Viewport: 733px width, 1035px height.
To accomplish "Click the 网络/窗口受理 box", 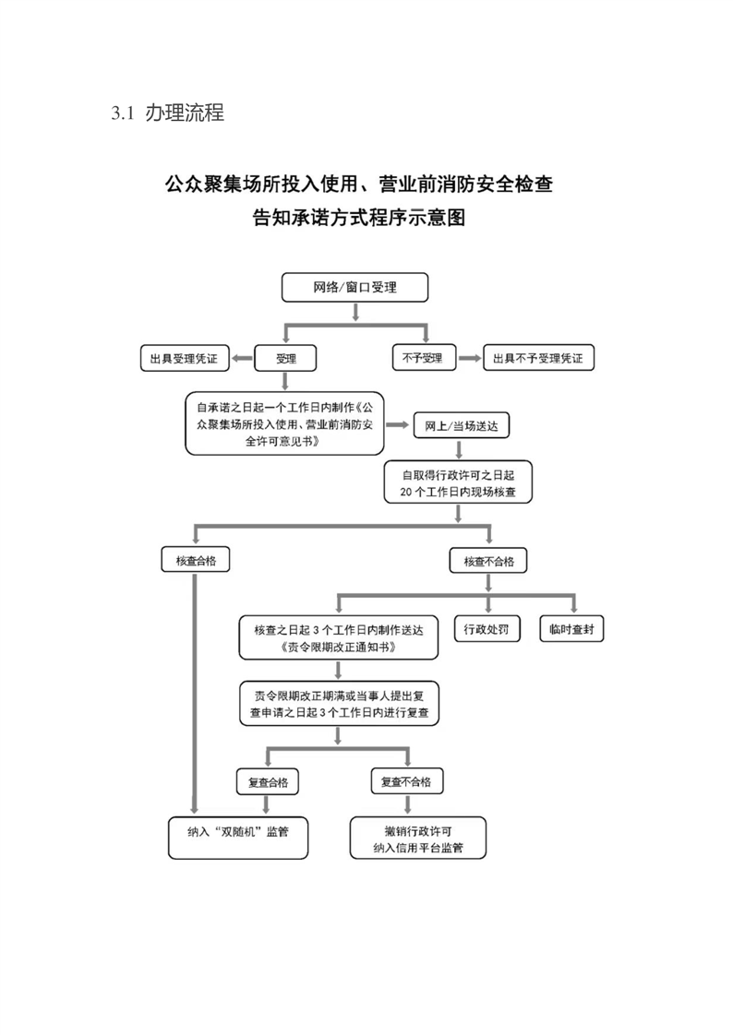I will [355, 288].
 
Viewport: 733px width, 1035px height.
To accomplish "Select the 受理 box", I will [286, 358].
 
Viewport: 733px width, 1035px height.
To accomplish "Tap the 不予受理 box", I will [423, 358].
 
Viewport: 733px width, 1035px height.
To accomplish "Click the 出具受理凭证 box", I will [184, 358].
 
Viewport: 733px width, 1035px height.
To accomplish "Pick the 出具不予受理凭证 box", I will [538, 358].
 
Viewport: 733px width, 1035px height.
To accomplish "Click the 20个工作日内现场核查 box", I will [459, 483].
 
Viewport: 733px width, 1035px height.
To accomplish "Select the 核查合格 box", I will [195, 560].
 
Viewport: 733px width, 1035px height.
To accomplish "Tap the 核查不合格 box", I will [489, 560].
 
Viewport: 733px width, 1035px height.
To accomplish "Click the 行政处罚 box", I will [487, 630].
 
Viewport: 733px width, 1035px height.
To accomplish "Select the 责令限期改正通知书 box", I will [338, 638].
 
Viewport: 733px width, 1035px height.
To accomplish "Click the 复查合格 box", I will [268, 781].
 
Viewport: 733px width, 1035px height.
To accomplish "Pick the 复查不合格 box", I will [406, 781].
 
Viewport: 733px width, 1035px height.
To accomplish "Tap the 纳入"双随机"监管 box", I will [237, 837].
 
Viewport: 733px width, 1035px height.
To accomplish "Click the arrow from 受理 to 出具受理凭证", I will [242, 358].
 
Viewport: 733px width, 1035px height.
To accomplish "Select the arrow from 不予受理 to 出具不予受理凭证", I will [469, 358].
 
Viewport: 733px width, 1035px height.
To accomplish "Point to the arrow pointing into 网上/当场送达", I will [398, 426].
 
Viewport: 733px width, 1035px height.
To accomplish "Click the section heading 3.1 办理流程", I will [167, 114].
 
